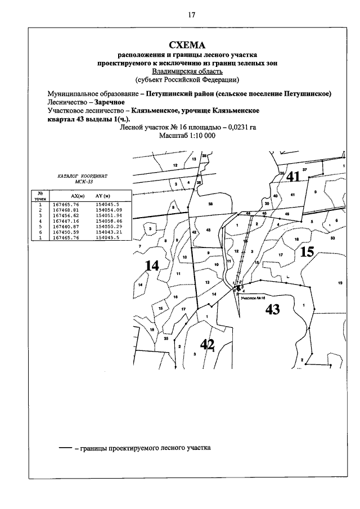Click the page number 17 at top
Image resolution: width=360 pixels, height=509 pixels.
pyautogui.click(x=191, y=15)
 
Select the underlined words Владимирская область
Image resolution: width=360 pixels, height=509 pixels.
pyautogui.click(x=187, y=71)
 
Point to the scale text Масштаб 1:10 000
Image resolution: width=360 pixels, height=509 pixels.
pyautogui.click(x=187, y=136)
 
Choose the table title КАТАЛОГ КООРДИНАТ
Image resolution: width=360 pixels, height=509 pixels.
pyautogui.click(x=82, y=177)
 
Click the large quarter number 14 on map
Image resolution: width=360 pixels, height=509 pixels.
pyautogui.click(x=151, y=265)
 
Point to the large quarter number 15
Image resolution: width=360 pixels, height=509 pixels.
pyautogui.click(x=307, y=251)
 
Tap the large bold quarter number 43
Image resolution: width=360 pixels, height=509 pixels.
pyautogui.click(x=272, y=310)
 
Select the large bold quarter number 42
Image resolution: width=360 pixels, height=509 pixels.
pyautogui.click(x=207, y=344)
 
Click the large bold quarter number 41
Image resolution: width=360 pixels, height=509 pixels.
pyautogui.click(x=293, y=177)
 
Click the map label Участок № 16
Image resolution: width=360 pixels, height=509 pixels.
pyautogui.click(x=251, y=299)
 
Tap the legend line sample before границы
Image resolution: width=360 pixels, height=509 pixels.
pyautogui.click(x=65, y=449)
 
